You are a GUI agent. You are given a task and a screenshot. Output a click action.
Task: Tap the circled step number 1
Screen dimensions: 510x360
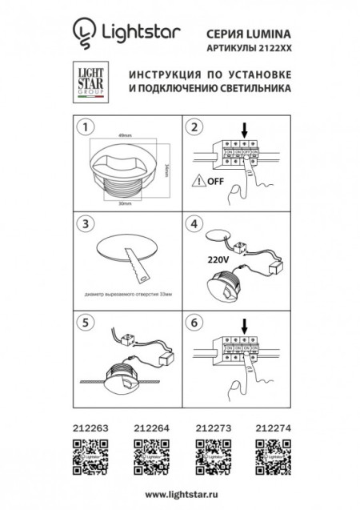tap(81, 126)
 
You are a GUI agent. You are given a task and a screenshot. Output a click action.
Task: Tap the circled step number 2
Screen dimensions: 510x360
tap(192, 126)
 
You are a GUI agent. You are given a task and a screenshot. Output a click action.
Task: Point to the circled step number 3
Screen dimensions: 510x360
tap(81, 221)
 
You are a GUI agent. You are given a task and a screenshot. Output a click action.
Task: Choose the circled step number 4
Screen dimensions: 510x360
tap(192, 221)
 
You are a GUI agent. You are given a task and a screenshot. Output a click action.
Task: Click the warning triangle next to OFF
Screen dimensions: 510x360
tap(196, 181)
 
